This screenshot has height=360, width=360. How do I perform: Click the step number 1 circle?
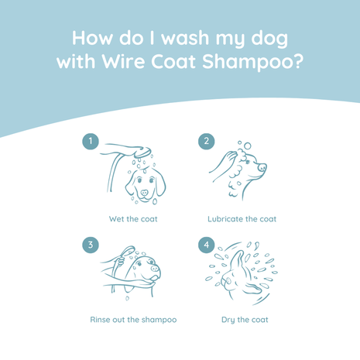[x=91, y=142]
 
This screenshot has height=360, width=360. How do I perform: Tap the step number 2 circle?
[x=206, y=142]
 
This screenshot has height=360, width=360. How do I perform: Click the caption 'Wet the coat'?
[x=133, y=219]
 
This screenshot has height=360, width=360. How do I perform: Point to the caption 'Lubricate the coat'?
[x=242, y=219]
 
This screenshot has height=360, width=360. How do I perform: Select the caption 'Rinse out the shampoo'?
[x=133, y=320]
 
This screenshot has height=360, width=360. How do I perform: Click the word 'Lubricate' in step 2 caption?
[x=226, y=219]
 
